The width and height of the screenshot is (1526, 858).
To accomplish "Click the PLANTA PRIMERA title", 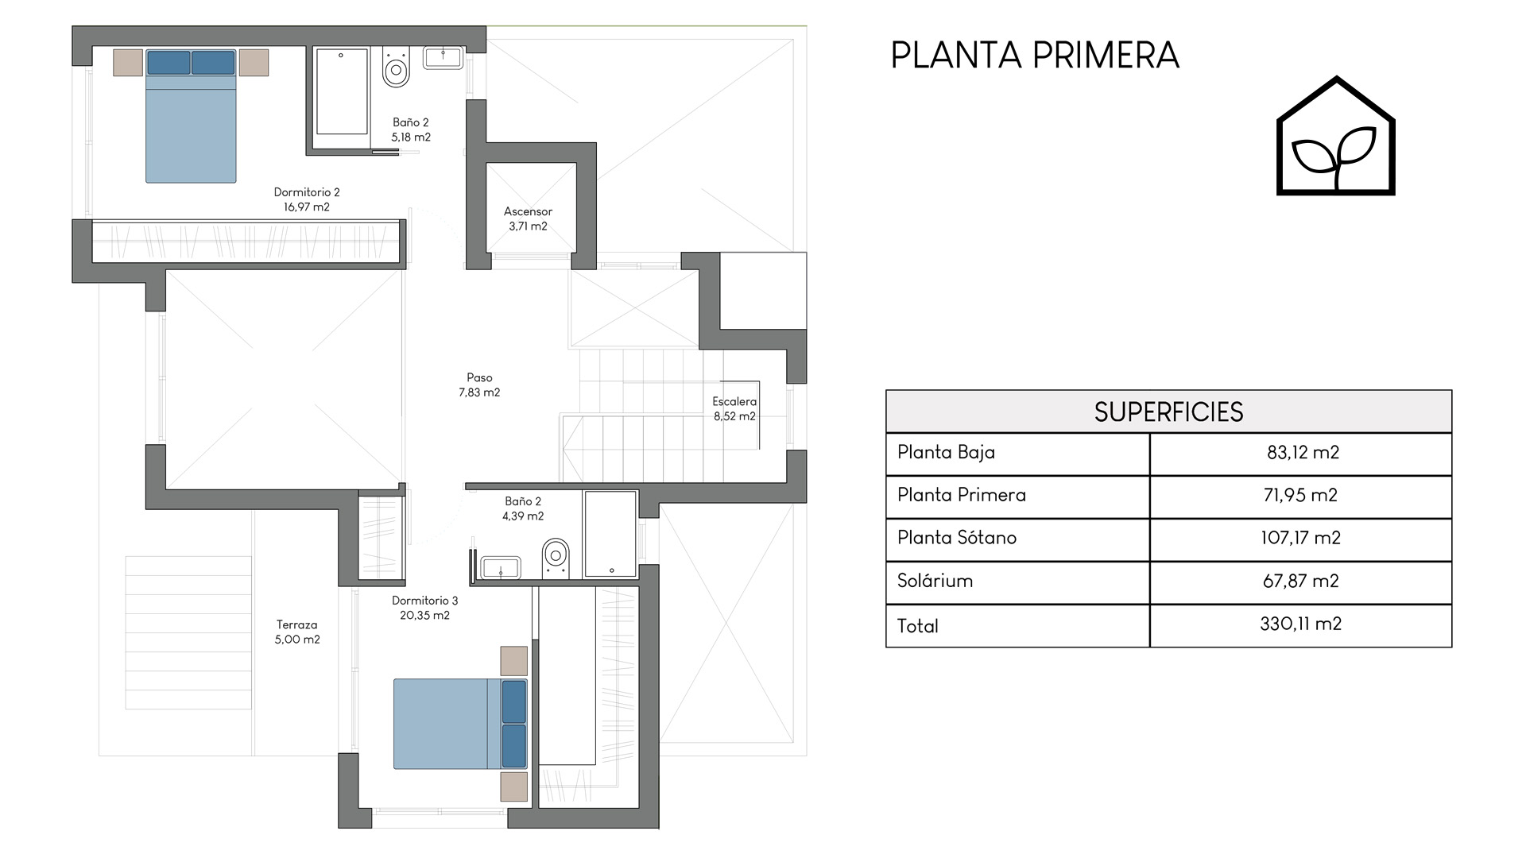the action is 1035,56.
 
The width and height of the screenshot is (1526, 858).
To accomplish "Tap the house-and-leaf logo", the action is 1336,136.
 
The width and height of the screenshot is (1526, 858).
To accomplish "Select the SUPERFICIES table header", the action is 1168,412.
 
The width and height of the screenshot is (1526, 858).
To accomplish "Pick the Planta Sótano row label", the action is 957,538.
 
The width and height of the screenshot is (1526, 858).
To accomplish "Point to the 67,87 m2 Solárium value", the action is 1300,581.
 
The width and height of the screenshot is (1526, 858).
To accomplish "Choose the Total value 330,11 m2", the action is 1300,624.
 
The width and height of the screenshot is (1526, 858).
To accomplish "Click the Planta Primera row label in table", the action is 962,495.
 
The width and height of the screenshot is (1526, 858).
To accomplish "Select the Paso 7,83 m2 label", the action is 479,385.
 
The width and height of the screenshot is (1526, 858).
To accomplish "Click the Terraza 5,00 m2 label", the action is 297,632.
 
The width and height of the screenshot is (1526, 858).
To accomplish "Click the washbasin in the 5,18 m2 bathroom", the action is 443,57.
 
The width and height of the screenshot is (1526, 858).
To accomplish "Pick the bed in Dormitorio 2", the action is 191,116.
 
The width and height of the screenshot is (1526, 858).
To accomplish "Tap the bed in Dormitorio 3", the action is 460,724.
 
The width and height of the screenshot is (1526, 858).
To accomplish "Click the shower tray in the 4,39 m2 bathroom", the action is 610,534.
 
